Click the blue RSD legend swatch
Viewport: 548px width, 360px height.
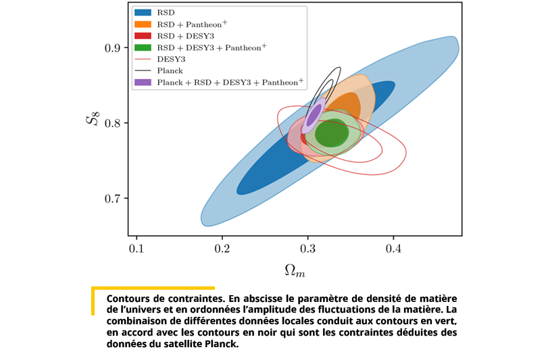point(143,13)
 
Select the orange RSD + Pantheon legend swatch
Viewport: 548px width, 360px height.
point(143,24)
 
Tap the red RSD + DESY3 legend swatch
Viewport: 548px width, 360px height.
point(143,36)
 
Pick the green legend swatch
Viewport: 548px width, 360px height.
point(143,47)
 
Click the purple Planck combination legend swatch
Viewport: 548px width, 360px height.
point(143,82)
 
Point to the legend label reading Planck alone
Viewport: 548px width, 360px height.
point(170,71)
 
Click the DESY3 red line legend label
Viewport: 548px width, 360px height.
point(171,59)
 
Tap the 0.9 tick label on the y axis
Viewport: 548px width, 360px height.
point(112,48)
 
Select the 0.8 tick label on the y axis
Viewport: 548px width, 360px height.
point(112,123)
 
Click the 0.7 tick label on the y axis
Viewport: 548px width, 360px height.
point(112,199)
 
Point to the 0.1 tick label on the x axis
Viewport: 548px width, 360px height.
point(136,249)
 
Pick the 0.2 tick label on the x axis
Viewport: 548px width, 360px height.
point(222,249)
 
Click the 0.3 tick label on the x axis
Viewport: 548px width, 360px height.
point(307,249)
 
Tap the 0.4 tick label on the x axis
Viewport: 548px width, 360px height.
point(393,249)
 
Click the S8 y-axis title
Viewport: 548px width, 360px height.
point(93,118)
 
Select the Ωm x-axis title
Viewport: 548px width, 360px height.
point(295,271)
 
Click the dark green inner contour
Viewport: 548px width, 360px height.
point(332,132)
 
